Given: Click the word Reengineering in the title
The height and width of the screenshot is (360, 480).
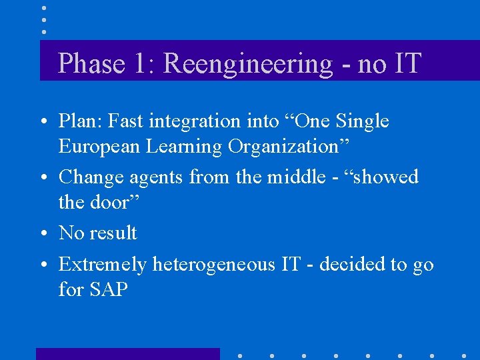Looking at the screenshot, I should (247, 64).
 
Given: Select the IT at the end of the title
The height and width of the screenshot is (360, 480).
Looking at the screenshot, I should (407, 64).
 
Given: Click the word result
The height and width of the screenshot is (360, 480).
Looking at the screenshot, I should (113, 233).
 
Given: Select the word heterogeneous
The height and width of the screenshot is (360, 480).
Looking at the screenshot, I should (215, 265).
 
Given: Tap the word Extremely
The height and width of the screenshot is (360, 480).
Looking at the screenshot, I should (103, 265).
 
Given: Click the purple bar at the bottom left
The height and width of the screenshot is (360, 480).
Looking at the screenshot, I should (127, 353).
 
